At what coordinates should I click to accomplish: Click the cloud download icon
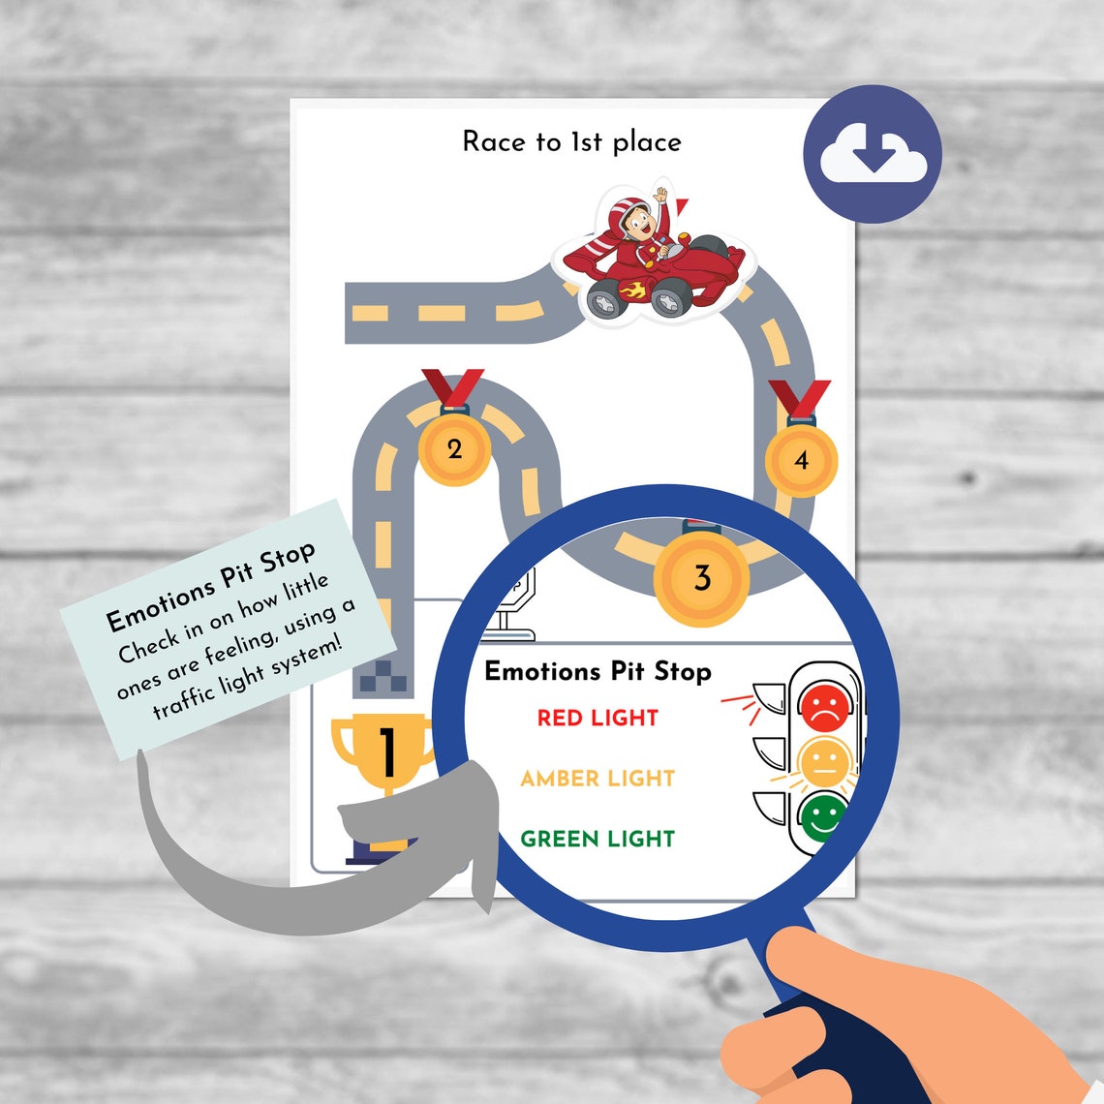click(x=873, y=154)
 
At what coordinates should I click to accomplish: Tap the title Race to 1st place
click(x=571, y=142)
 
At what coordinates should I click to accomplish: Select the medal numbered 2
click(x=454, y=448)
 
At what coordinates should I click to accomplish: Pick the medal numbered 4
click(x=801, y=460)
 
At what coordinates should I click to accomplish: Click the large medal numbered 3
click(x=702, y=578)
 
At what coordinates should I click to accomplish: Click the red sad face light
click(x=824, y=707)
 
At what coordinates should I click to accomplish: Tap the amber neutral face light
click(x=824, y=762)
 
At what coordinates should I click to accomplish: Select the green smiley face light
click(x=822, y=815)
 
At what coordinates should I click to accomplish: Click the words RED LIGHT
click(x=598, y=718)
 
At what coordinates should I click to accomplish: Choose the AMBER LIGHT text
click(x=598, y=778)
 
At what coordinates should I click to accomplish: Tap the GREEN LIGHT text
click(x=598, y=839)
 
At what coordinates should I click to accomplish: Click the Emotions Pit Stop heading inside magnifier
click(x=598, y=671)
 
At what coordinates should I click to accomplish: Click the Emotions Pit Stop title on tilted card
click(x=210, y=585)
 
